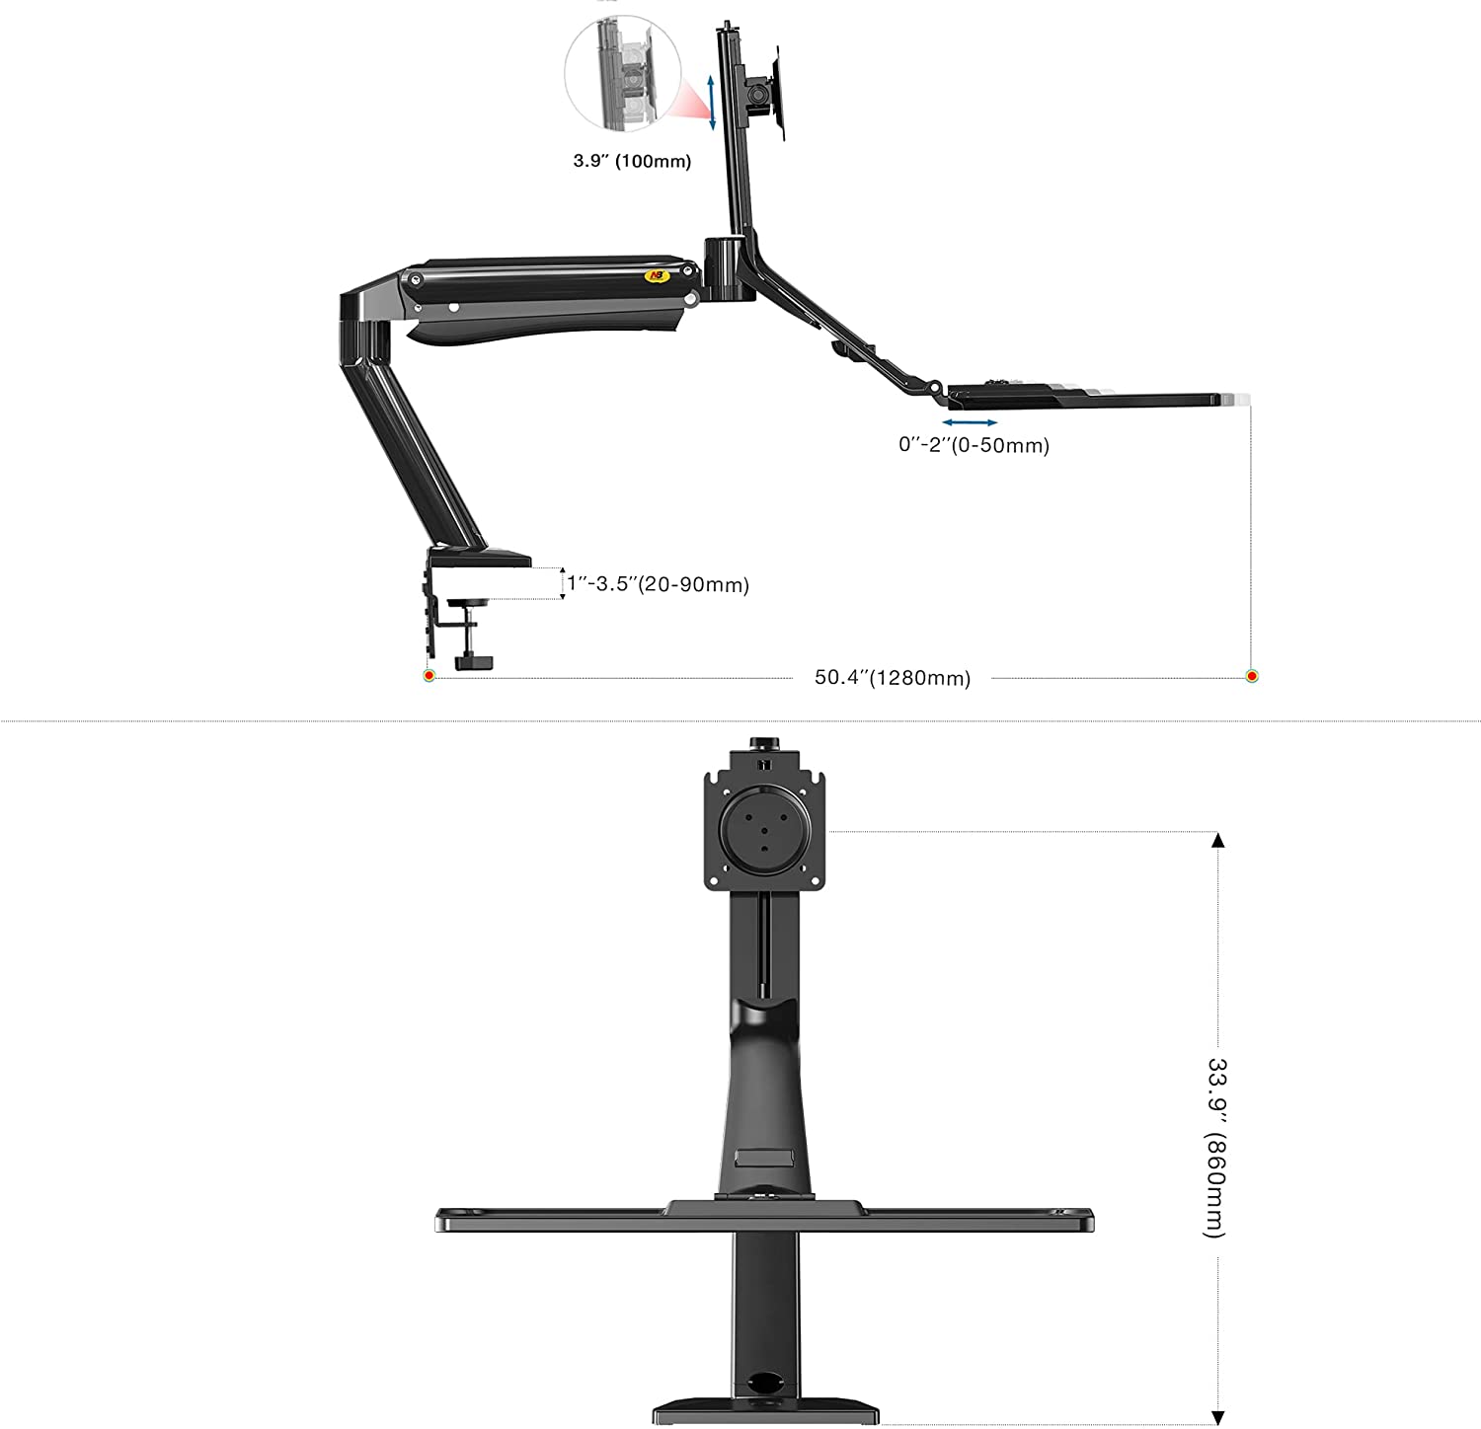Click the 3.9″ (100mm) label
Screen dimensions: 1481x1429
click(x=632, y=161)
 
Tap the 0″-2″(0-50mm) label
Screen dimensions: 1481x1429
click(x=974, y=445)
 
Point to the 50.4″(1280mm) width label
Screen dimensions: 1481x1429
click(x=893, y=678)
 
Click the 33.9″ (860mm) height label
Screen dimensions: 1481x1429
click(x=1216, y=1148)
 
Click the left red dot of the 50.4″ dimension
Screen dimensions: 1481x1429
click(x=429, y=676)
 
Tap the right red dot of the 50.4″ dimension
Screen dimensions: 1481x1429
click(x=1252, y=676)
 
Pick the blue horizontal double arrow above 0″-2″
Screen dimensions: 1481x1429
click(x=970, y=422)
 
